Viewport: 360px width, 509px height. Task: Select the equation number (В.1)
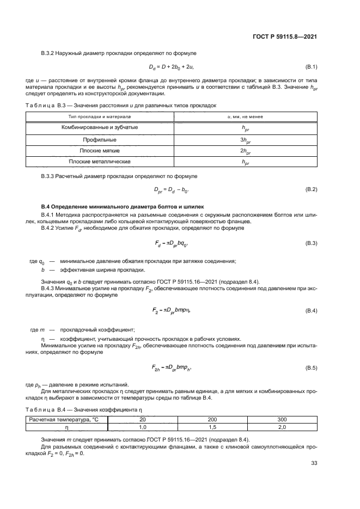[x=311, y=67]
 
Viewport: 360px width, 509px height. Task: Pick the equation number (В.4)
[x=311, y=310]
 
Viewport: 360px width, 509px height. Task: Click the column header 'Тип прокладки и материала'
[x=100, y=116]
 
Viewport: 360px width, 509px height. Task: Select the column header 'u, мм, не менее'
[x=245, y=116]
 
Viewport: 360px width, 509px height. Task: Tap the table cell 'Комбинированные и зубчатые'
[x=100, y=127]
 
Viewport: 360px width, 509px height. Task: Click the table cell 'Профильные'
[x=100, y=139]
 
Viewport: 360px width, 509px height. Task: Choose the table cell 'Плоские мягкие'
[x=100, y=150]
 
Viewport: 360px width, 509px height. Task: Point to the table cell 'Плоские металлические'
[x=100, y=162]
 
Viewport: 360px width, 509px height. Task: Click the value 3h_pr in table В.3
[x=245, y=139]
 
